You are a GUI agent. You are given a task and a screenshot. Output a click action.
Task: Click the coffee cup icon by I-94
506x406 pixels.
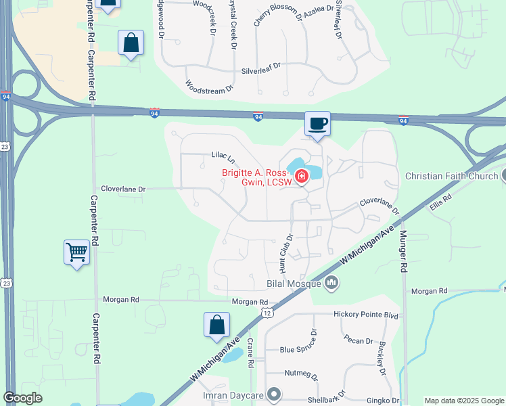click(x=317, y=124)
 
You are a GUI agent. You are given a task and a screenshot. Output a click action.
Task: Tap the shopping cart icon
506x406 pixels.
click(x=76, y=252)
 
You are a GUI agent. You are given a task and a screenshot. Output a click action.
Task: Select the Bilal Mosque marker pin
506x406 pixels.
click(x=331, y=282)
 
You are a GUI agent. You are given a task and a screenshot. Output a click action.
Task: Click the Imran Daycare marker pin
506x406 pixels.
click(x=274, y=393)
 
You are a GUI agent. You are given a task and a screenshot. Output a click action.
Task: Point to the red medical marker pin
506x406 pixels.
click(x=301, y=178)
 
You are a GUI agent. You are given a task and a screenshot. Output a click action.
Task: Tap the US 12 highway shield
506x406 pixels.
click(x=268, y=313)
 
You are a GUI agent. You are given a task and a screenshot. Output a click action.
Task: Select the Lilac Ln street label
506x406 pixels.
click(x=223, y=157)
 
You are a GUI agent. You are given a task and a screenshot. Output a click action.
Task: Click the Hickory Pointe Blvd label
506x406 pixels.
click(x=366, y=315)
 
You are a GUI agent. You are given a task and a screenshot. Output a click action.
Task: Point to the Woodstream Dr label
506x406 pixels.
click(x=209, y=87)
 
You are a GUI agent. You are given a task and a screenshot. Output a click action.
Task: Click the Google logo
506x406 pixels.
click(x=22, y=398)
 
